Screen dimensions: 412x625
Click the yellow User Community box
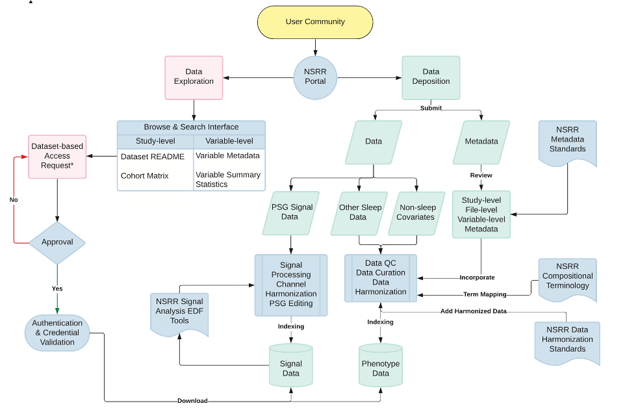315,22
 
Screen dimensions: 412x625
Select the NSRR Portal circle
315,77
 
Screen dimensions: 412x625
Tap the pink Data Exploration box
194,77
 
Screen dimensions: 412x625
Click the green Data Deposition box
431,77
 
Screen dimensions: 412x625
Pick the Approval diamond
57,242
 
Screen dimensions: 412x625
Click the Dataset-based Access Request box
57,156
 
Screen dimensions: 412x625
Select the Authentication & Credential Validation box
57,333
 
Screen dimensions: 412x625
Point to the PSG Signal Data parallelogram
290,212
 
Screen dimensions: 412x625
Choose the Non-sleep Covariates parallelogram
415,212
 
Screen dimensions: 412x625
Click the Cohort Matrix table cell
145,175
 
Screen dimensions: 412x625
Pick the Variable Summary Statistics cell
228,179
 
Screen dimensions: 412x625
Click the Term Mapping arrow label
485,294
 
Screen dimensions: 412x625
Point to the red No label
14,200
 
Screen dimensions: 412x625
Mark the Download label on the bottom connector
192,401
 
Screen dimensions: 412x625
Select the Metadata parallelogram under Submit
481,142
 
